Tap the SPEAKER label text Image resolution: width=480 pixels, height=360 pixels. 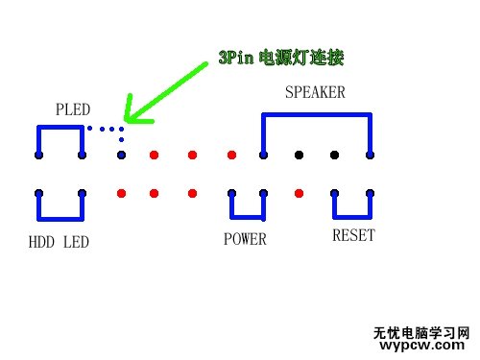point(315,93)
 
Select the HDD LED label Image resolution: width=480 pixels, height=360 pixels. point(59,242)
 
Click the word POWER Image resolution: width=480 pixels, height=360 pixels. point(245,239)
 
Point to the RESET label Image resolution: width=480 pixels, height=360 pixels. point(353,235)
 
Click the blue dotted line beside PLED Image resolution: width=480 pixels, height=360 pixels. point(105,128)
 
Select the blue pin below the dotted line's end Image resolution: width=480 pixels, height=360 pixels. point(121,155)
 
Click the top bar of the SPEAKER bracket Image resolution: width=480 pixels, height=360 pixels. point(316,114)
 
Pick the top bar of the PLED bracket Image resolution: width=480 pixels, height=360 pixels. point(60,127)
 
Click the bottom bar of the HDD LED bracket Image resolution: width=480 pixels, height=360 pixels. point(60,218)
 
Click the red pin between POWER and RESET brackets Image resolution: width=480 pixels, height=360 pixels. point(300,193)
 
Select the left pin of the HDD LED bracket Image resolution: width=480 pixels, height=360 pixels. point(38,193)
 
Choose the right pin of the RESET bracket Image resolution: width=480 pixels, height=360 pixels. point(370,193)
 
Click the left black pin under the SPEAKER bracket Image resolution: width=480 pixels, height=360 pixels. point(300,155)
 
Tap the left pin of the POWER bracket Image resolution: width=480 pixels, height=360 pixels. point(231,193)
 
